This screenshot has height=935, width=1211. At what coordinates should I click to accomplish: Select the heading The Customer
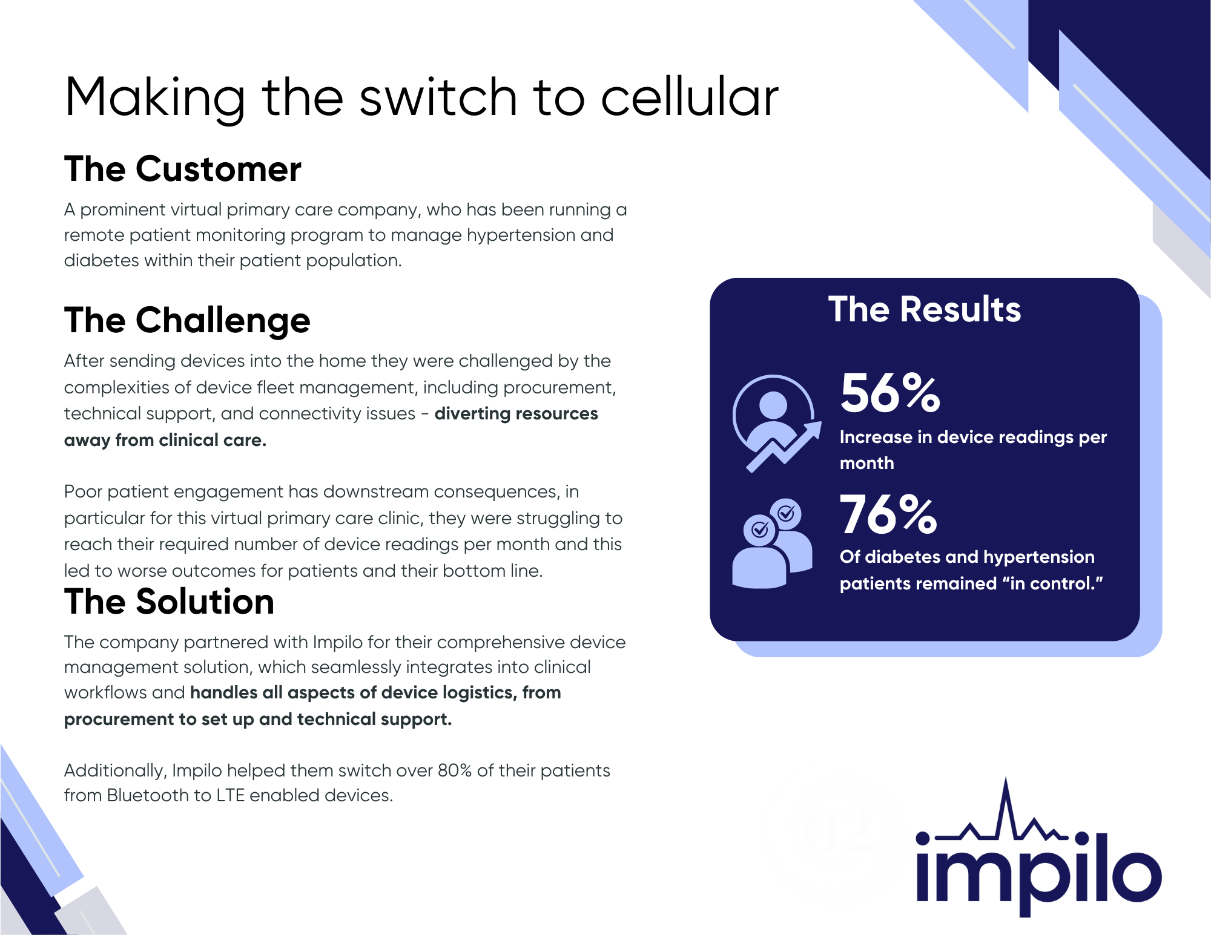click(183, 169)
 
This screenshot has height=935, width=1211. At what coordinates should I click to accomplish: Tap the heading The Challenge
click(187, 320)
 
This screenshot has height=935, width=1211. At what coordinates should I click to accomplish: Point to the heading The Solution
click(170, 602)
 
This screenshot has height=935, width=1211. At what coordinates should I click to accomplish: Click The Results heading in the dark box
click(925, 309)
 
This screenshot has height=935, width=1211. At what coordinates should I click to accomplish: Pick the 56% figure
click(890, 393)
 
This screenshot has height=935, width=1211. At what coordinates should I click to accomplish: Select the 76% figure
click(888, 514)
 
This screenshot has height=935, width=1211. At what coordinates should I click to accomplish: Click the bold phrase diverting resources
click(516, 413)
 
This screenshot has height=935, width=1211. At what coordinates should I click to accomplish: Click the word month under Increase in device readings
click(866, 463)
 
